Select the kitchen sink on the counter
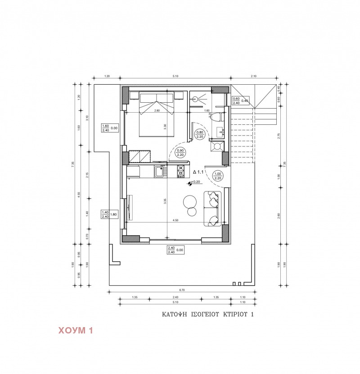[x=160, y=171]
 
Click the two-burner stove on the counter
[x=180, y=171]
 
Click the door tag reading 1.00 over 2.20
[x=218, y=176]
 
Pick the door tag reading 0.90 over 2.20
[x=181, y=152]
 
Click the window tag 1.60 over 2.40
[x=106, y=128]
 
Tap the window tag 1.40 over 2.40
[x=106, y=214]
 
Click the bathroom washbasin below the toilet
[x=220, y=132]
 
